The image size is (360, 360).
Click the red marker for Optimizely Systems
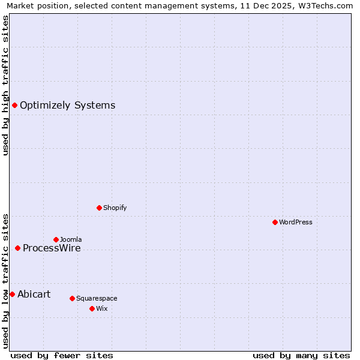pyautogui.click(x=14, y=106)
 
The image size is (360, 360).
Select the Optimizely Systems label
pyautogui.click(x=67, y=106)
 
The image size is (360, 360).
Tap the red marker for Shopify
pyautogui.click(x=99, y=208)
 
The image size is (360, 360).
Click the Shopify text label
pyautogui.click(x=115, y=208)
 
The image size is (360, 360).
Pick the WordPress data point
pyautogui.click(x=275, y=222)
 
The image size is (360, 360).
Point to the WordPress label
pyautogui.click(x=296, y=222)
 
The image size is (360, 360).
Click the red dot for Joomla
pyautogui.click(x=56, y=239)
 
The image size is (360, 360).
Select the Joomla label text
pyautogui.click(x=71, y=239)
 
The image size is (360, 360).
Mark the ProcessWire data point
pyautogui.click(x=17, y=248)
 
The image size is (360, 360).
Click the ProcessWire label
pyautogui.click(x=52, y=248)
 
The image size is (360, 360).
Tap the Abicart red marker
pyautogui.click(x=12, y=294)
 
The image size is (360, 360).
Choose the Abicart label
pyautogui.click(x=34, y=294)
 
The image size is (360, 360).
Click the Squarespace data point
pyautogui.click(x=72, y=298)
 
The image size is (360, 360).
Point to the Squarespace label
pyautogui.click(x=97, y=298)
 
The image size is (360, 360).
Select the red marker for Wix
pyautogui.click(x=92, y=308)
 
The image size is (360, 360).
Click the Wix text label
pyautogui.click(x=101, y=308)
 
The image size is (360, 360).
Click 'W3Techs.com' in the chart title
pyautogui.click(x=325, y=5)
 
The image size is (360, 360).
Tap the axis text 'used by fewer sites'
pyautogui.click(x=62, y=355)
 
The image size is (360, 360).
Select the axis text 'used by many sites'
pyautogui.click(x=301, y=355)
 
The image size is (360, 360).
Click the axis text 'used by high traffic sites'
pyautogui.click(x=5, y=85)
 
